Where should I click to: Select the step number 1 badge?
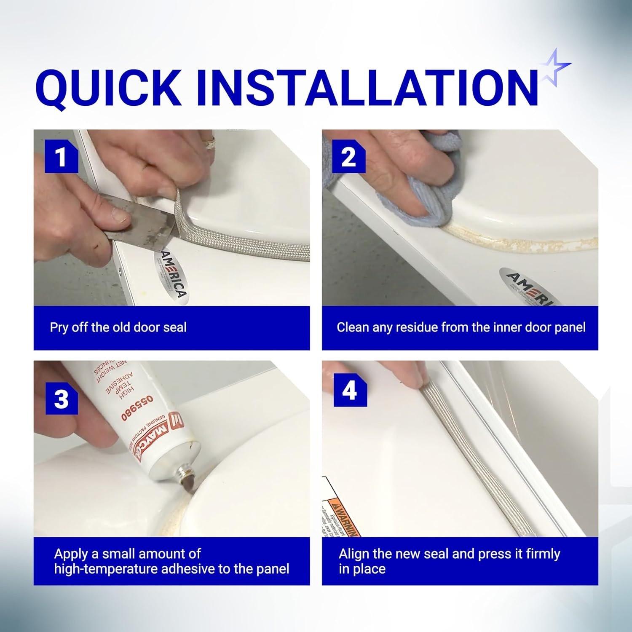tap(62, 157)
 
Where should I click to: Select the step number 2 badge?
tap(348, 157)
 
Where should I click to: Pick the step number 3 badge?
tap(62, 398)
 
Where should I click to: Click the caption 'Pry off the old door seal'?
tap(118, 327)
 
